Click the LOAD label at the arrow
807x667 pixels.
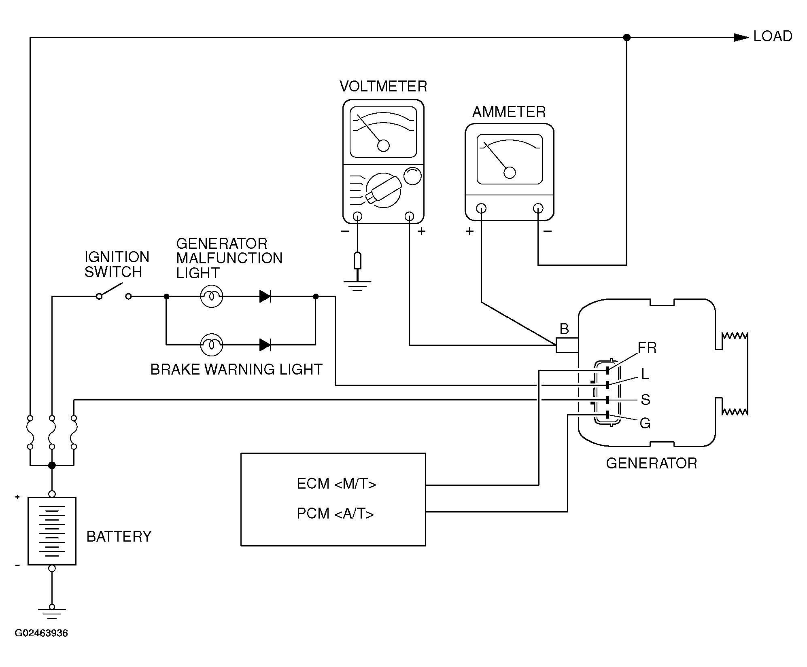(x=773, y=36)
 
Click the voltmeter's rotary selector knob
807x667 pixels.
(x=383, y=190)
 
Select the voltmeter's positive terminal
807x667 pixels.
(x=410, y=216)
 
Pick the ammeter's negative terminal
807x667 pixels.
(x=538, y=208)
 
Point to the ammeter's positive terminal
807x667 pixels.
(x=481, y=208)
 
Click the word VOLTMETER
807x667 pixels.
(x=383, y=86)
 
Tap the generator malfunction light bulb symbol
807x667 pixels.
(x=211, y=296)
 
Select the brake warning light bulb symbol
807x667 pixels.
(x=211, y=345)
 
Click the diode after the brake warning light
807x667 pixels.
(x=265, y=345)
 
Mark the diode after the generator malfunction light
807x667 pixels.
(x=265, y=296)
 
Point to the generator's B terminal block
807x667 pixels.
(x=567, y=345)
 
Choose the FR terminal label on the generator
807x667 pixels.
(x=647, y=347)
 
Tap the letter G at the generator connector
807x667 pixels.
(x=645, y=423)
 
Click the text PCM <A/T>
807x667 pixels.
(x=335, y=513)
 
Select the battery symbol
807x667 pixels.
(x=52, y=531)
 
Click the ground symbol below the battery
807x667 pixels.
(x=52, y=612)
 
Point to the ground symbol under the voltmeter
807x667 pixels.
(x=357, y=286)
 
